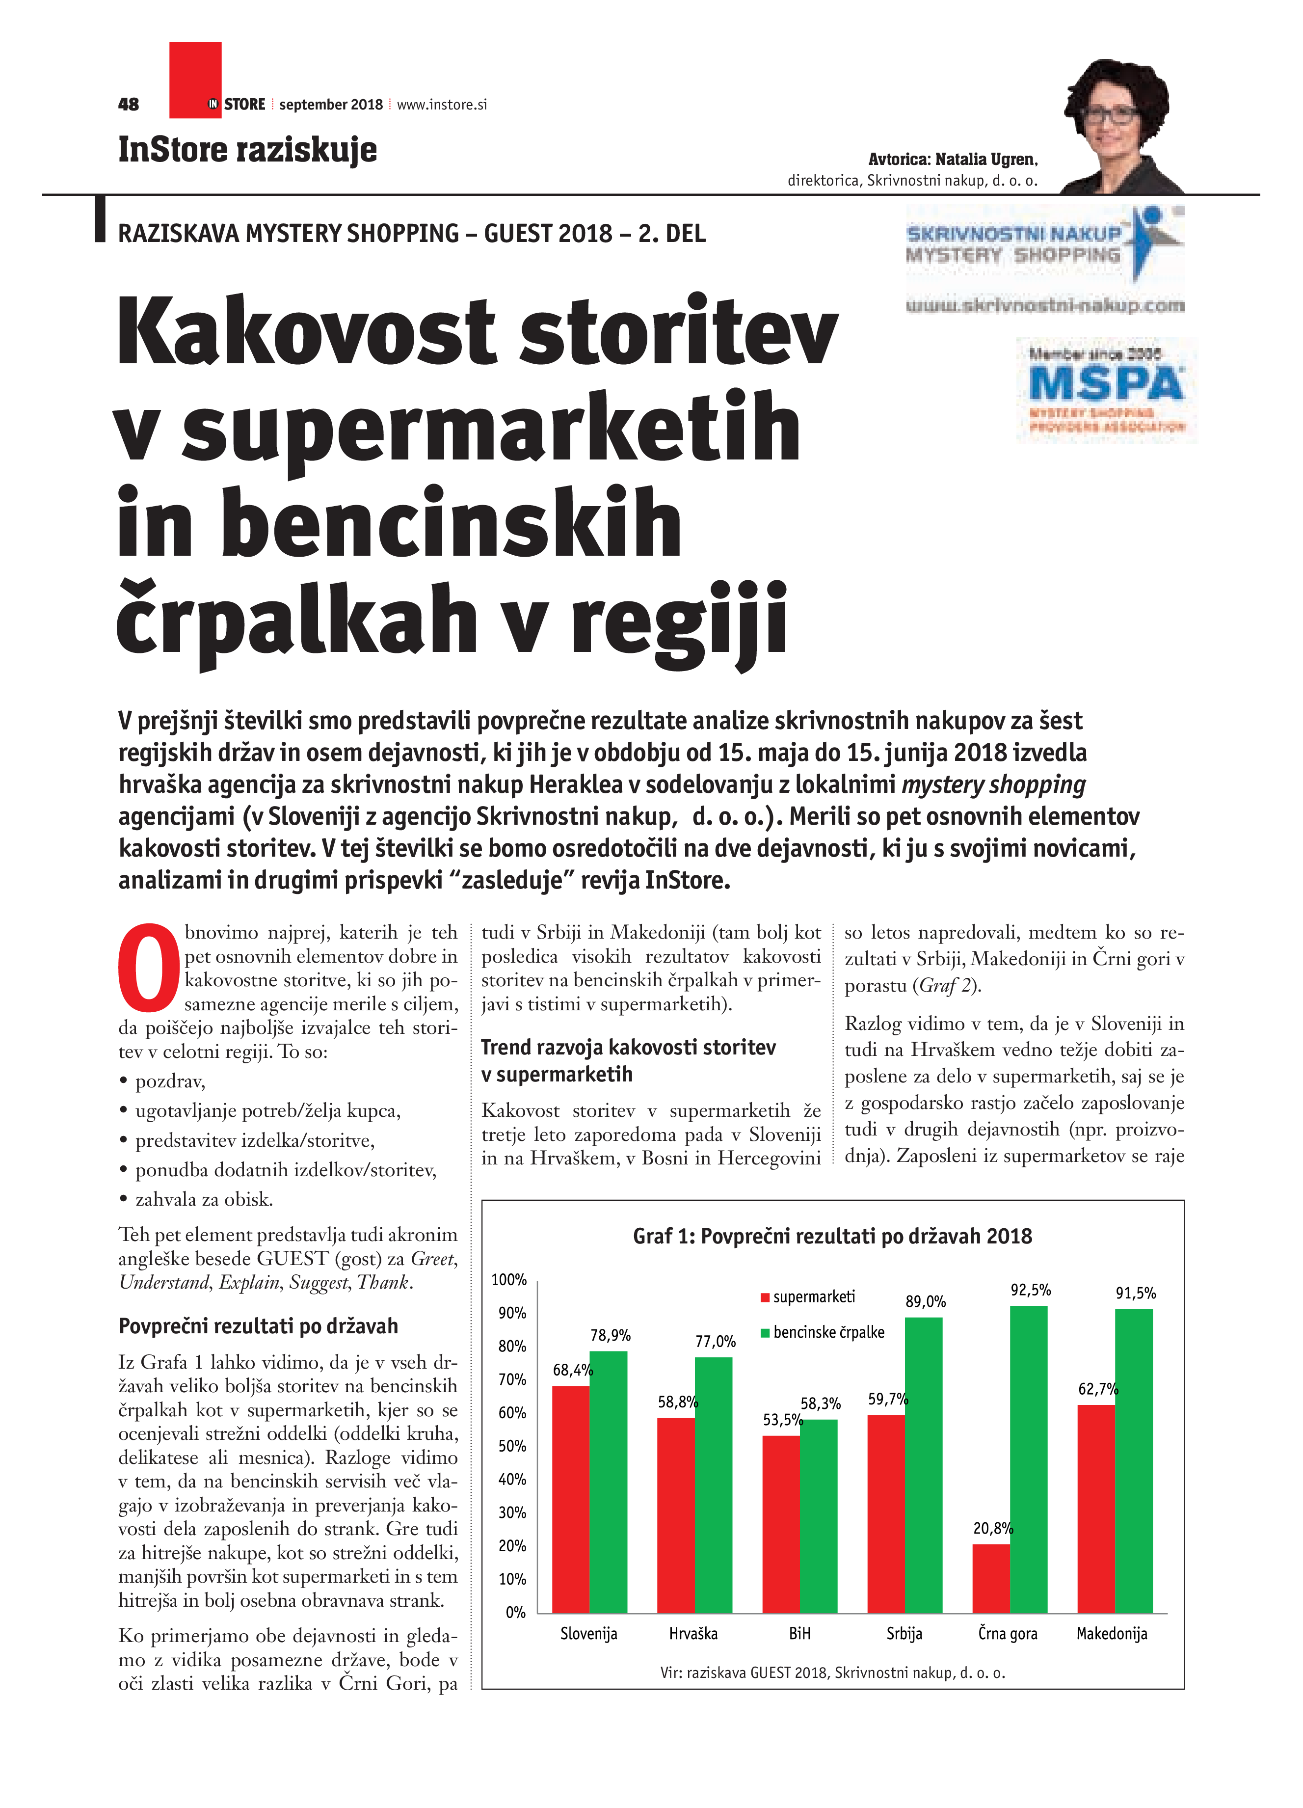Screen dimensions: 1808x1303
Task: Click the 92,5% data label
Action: [1031, 1290]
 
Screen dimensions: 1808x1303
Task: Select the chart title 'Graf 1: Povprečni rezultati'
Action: [832, 1237]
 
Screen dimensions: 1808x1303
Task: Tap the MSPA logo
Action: [1106, 389]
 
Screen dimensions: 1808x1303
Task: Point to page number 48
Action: [128, 105]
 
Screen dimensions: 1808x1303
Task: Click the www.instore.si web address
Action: [442, 105]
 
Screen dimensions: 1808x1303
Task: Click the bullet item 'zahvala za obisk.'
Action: [204, 1199]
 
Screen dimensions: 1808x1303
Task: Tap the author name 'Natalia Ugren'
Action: [986, 160]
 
